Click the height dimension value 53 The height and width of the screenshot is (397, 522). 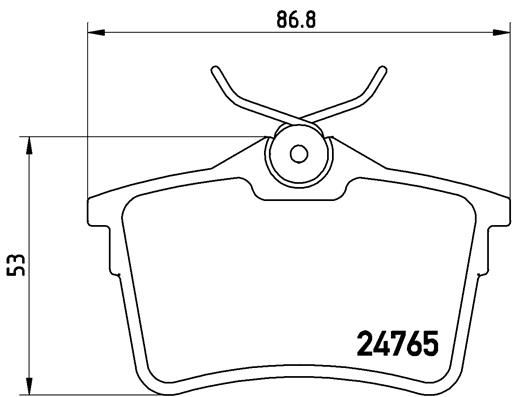(15, 262)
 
